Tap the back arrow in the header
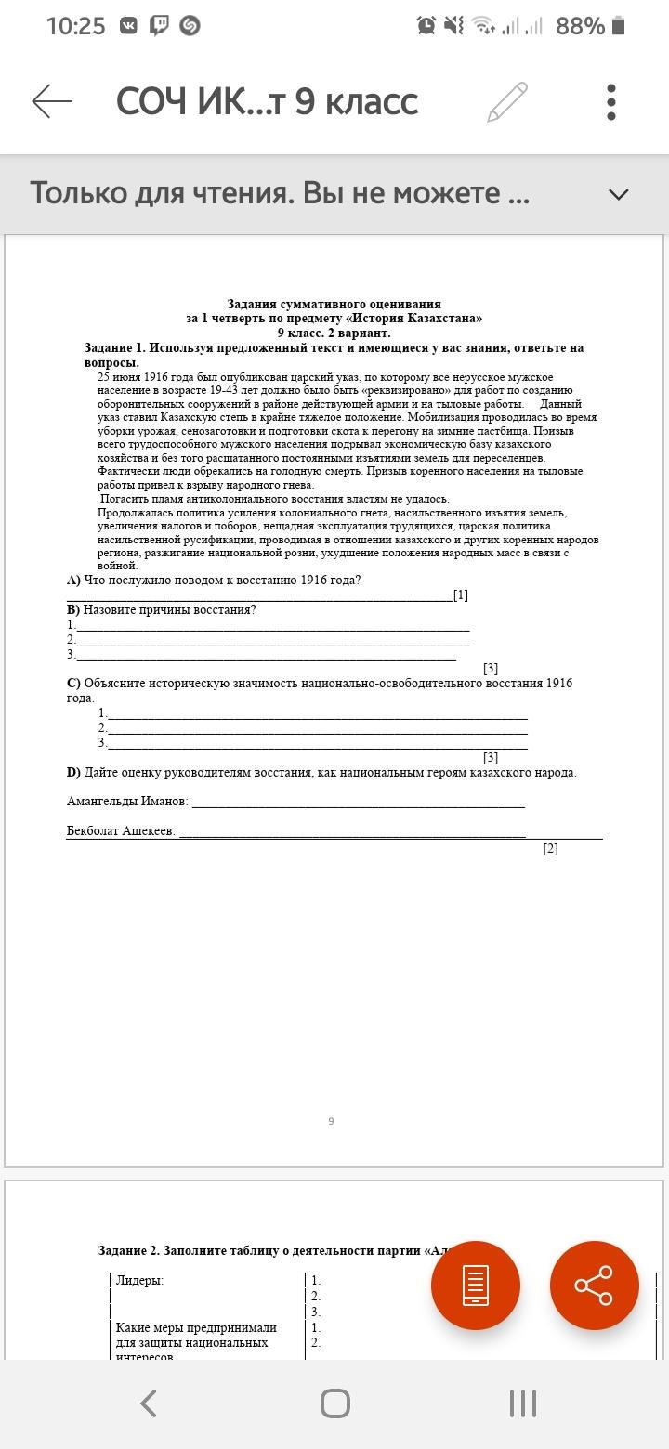tap(52, 101)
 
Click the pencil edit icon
tap(507, 101)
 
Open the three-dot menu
tap(611, 101)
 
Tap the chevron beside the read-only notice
tap(618, 194)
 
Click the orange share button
tap(594, 1285)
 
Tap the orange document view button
tap(475, 1285)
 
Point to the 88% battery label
tap(580, 26)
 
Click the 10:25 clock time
tap(75, 26)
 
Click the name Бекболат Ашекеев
tap(121, 830)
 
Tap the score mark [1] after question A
tap(460, 595)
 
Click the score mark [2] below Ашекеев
tap(550, 848)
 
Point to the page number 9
tap(331, 1121)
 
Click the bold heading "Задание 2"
tap(129, 1250)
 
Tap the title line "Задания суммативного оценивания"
tap(334, 304)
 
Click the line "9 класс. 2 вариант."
tap(334, 333)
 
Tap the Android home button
tap(334, 1403)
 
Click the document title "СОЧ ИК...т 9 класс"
tap(267, 101)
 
